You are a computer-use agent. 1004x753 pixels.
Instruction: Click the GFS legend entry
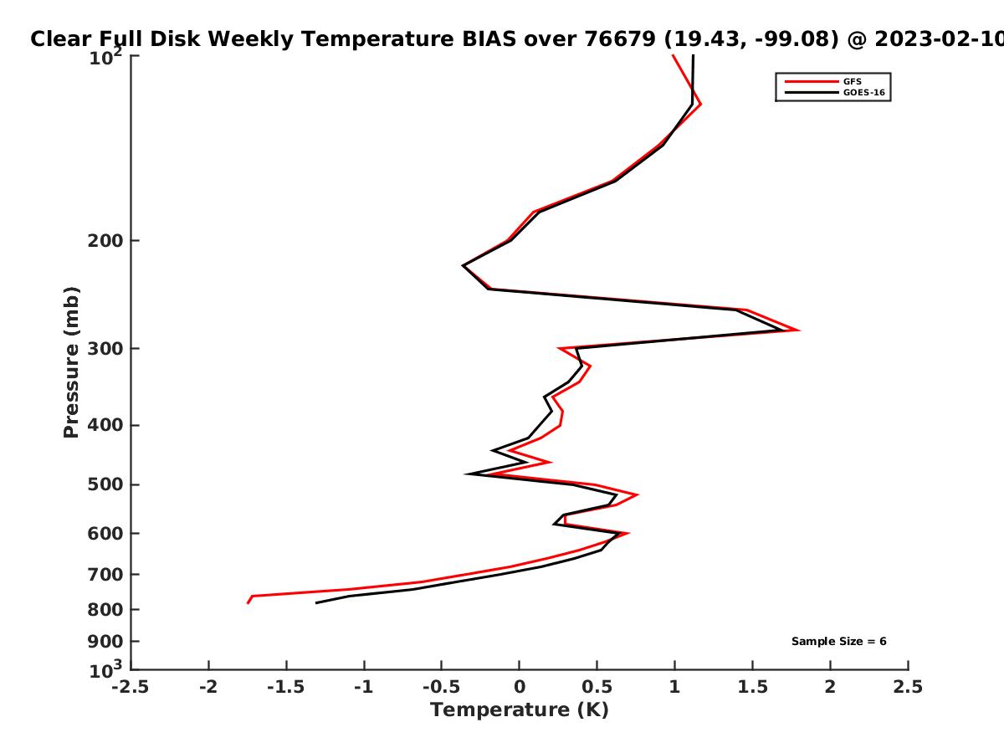click(823, 81)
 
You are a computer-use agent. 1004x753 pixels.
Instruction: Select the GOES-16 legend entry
click(835, 92)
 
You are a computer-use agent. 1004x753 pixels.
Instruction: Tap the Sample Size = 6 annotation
click(839, 642)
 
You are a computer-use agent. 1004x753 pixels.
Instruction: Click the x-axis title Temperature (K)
click(520, 710)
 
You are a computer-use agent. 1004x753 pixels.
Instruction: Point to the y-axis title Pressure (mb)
click(71, 362)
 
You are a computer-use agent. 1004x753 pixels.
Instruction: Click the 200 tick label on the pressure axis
click(105, 240)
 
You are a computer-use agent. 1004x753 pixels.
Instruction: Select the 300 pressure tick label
click(105, 349)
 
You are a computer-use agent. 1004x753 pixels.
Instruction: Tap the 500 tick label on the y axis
click(105, 484)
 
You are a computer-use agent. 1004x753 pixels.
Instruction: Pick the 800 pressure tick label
click(105, 610)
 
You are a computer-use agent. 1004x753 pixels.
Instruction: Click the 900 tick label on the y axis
click(105, 642)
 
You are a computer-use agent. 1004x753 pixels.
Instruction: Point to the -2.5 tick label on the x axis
click(131, 687)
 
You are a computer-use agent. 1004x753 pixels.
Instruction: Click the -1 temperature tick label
click(364, 687)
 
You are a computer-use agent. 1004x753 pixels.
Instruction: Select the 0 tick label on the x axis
click(520, 687)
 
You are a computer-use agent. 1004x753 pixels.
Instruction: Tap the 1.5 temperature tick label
click(752, 687)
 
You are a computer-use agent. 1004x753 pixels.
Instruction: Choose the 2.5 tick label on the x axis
click(908, 687)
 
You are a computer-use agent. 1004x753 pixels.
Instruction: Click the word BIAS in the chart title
click(489, 39)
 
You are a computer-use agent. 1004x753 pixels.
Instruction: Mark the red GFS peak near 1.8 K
click(799, 330)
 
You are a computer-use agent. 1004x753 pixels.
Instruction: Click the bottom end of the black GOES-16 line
click(316, 603)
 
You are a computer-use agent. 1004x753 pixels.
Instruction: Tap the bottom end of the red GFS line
click(248, 603)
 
